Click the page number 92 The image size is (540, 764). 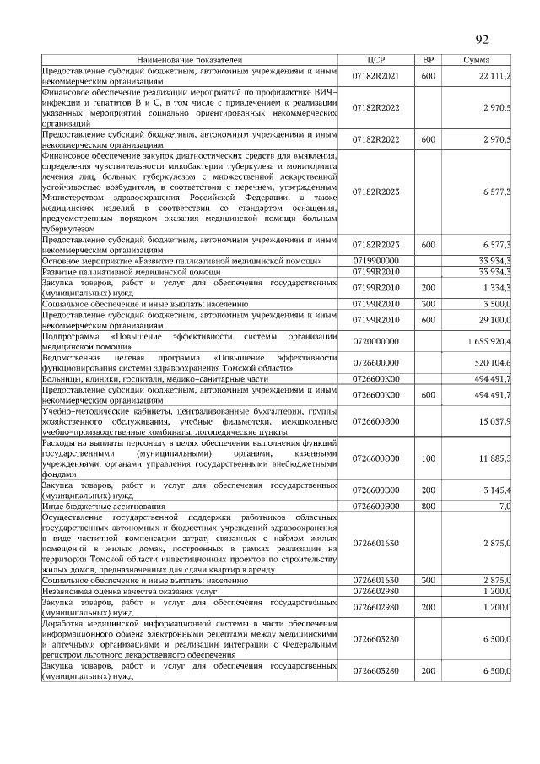tap(483, 40)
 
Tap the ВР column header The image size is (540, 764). tap(428, 61)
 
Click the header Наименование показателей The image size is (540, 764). tap(190, 61)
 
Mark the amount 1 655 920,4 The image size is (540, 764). tap(489, 340)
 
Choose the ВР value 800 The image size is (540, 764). tap(428, 506)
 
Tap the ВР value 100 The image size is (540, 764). tap(428, 458)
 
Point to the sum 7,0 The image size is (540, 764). tap(505, 506)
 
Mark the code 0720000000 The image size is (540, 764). tap(375, 340)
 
